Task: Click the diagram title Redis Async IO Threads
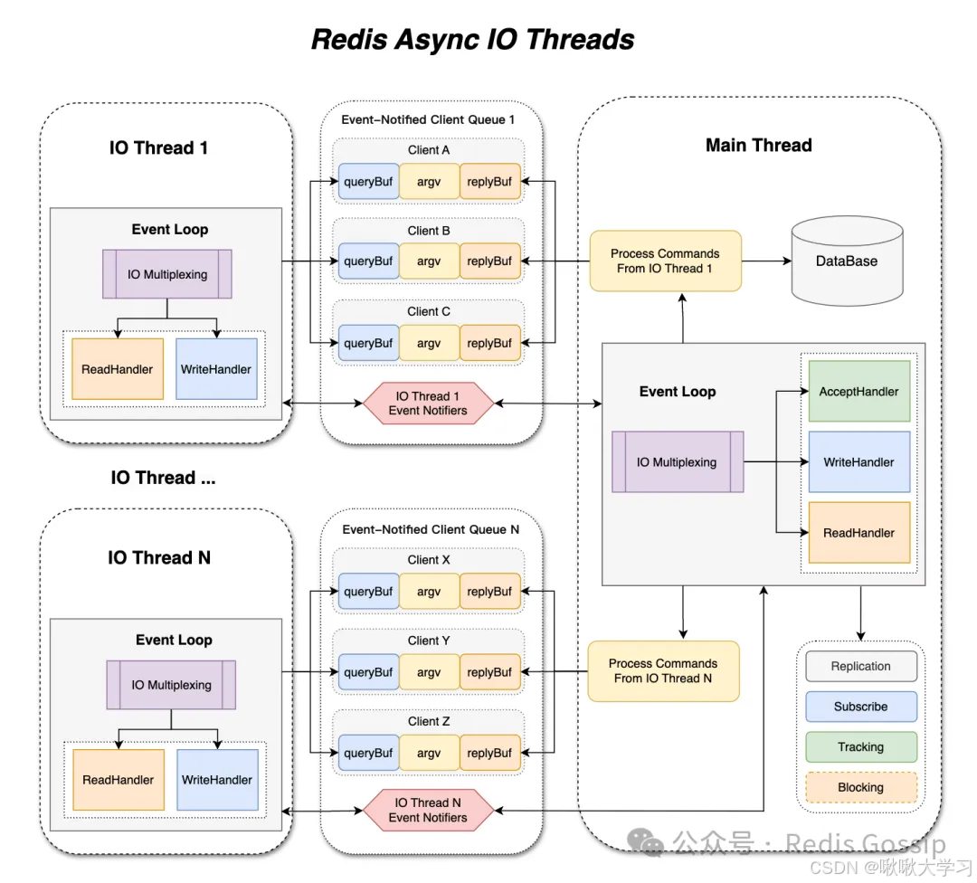(472, 40)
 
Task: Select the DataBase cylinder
(848, 261)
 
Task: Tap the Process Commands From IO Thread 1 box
(665, 261)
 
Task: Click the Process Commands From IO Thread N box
(663, 671)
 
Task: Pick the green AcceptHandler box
(858, 392)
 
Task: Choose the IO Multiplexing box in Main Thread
(678, 462)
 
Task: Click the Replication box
(860, 667)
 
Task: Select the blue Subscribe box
(860, 707)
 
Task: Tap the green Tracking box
(860, 747)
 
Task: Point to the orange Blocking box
(860, 787)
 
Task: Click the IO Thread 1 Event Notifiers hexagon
(428, 404)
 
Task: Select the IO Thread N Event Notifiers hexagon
(428, 810)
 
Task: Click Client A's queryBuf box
(368, 182)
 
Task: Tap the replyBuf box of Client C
(489, 344)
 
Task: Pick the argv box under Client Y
(429, 672)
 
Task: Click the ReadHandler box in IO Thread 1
(118, 369)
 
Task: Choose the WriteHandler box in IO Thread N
(217, 780)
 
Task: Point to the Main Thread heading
(758, 146)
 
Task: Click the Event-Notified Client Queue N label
(430, 529)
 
